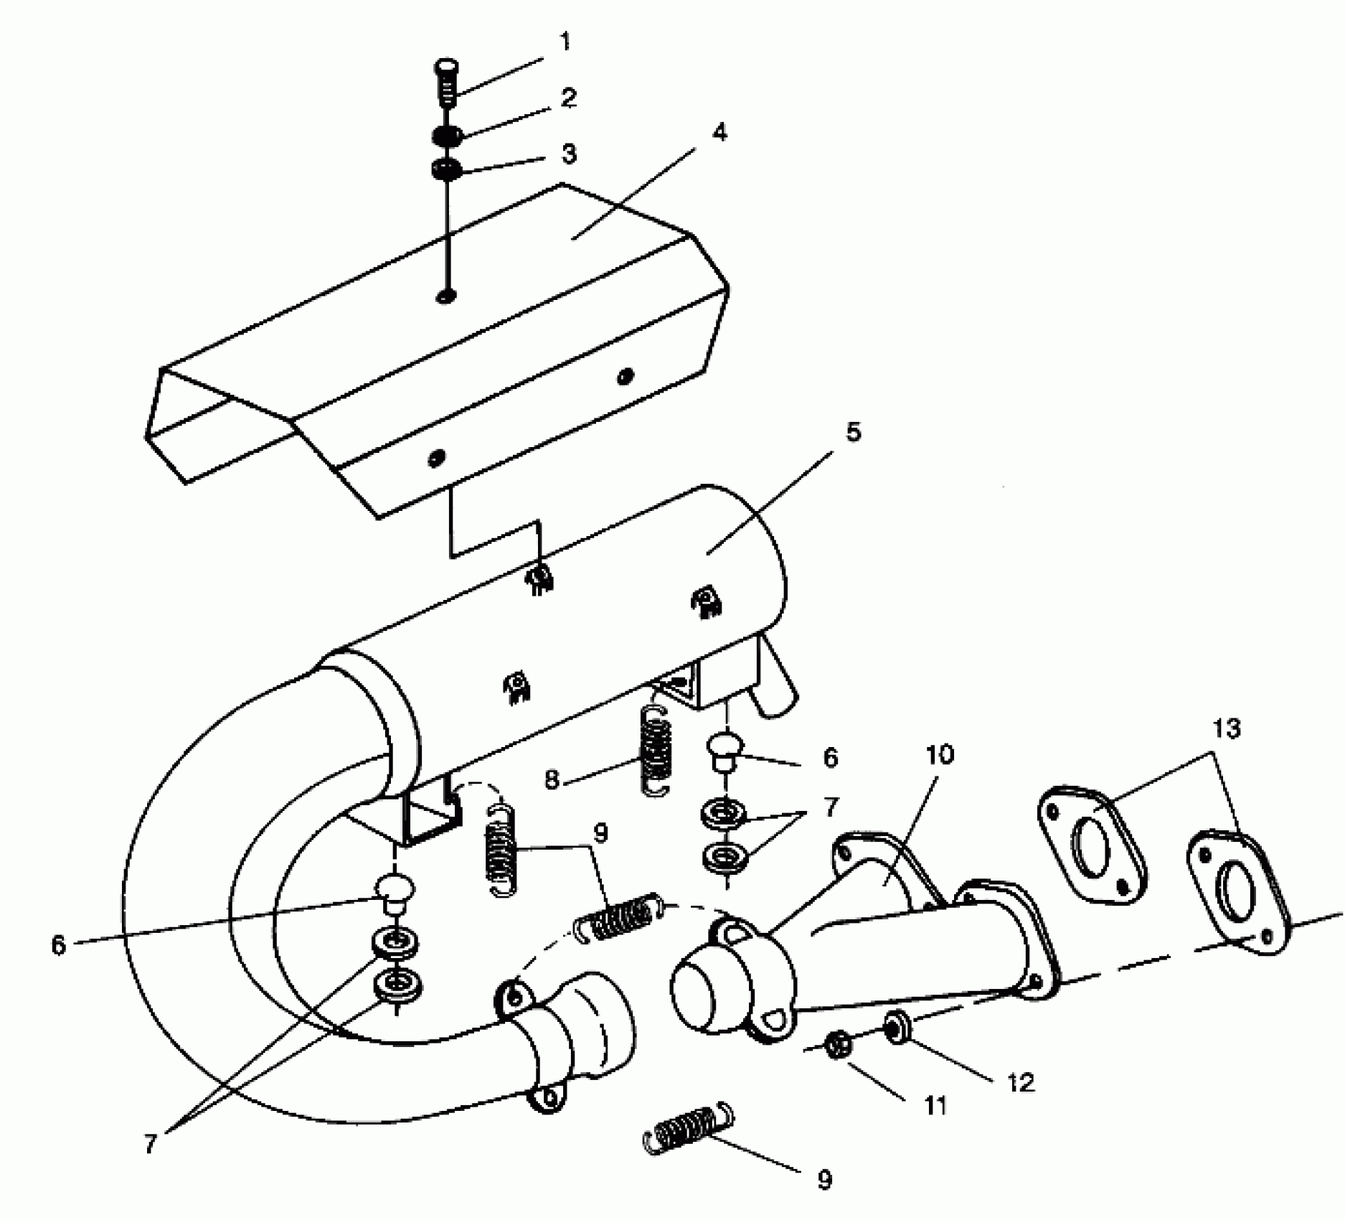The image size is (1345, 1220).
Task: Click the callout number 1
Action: click(x=565, y=42)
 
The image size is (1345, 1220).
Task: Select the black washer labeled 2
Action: click(x=447, y=135)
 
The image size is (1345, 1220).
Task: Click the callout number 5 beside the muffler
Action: click(x=853, y=433)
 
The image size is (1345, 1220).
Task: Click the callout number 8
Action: click(x=551, y=780)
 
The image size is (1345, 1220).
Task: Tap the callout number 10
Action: click(x=940, y=754)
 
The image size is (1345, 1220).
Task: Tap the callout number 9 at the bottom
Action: click(x=825, y=1179)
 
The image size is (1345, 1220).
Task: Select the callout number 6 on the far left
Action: click(x=59, y=944)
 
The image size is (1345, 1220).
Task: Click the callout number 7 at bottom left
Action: click(x=149, y=1143)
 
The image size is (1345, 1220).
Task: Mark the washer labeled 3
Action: click(x=447, y=170)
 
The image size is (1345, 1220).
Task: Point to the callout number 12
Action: click(x=1021, y=1082)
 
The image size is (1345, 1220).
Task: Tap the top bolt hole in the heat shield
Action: click(x=447, y=296)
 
